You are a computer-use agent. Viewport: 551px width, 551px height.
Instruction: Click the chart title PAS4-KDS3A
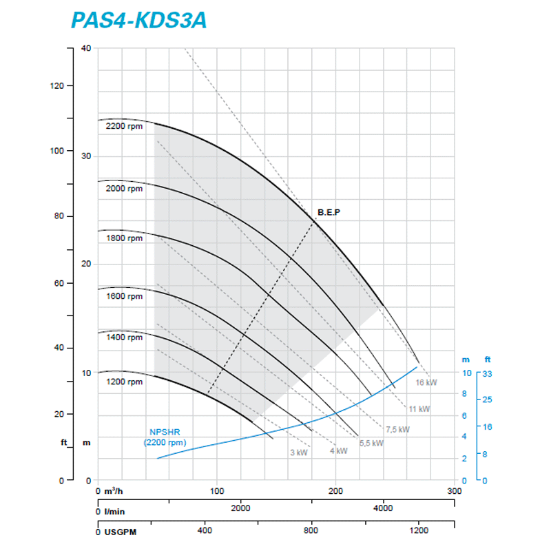coord(138,19)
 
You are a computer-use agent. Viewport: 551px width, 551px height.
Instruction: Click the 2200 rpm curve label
coord(124,126)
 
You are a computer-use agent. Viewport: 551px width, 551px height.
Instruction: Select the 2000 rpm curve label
coord(124,188)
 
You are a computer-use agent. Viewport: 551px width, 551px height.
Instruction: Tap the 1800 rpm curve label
coord(124,238)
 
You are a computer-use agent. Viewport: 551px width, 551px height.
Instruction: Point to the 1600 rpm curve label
coord(124,296)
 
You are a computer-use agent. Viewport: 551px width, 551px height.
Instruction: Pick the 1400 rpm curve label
coord(124,337)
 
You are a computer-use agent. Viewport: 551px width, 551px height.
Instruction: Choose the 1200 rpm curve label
coord(124,382)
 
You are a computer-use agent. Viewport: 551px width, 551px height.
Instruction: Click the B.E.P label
coord(329,212)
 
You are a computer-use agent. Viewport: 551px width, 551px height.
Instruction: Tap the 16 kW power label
coord(426,382)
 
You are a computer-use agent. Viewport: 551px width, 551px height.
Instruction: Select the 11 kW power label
coord(419,408)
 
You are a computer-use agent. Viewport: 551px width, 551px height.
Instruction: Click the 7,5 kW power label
coord(397,429)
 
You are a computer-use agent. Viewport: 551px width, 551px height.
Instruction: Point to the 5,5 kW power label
coord(371,444)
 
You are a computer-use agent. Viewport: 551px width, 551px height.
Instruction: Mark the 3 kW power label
coord(298,453)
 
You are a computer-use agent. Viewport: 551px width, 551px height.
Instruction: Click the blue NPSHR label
coord(165,437)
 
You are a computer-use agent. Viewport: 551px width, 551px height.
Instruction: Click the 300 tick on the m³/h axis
coord(454,492)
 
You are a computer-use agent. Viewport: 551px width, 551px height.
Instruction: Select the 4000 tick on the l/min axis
coord(383,508)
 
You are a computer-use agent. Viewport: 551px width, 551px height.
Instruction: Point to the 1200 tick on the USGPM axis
coord(418,530)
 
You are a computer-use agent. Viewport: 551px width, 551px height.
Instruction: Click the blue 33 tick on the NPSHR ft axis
coord(488,373)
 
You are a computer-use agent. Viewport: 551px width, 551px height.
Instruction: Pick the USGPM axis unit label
coord(122,532)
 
